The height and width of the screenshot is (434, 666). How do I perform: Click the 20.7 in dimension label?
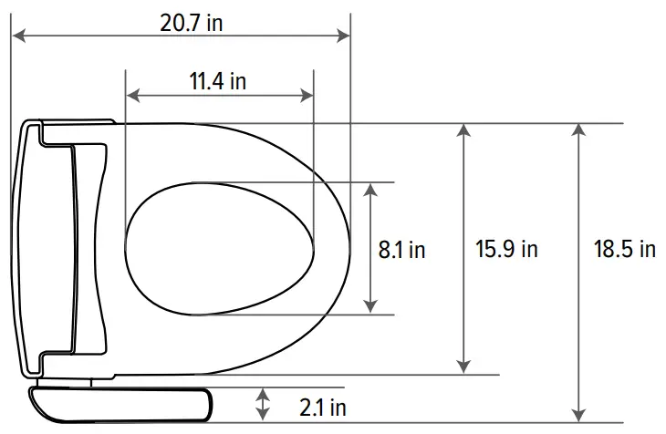click(x=192, y=23)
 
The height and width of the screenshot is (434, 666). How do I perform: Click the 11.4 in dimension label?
click(x=218, y=81)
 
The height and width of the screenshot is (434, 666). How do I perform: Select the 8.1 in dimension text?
click(x=402, y=249)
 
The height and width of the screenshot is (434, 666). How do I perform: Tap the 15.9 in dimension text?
click(x=506, y=249)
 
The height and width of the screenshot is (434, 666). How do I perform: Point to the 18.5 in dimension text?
click(x=624, y=249)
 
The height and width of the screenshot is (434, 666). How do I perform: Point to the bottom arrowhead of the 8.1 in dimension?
click(x=370, y=307)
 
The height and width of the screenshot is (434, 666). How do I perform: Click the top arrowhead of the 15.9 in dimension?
click(x=465, y=130)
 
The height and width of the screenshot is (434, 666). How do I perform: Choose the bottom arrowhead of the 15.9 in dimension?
click(x=465, y=367)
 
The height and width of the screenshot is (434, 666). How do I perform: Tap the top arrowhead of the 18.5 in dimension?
click(x=578, y=130)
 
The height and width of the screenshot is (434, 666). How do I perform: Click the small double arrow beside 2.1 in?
click(x=263, y=402)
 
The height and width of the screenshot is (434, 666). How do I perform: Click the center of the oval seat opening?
click(x=219, y=248)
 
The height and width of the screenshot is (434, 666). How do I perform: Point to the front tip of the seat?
click(x=349, y=248)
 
